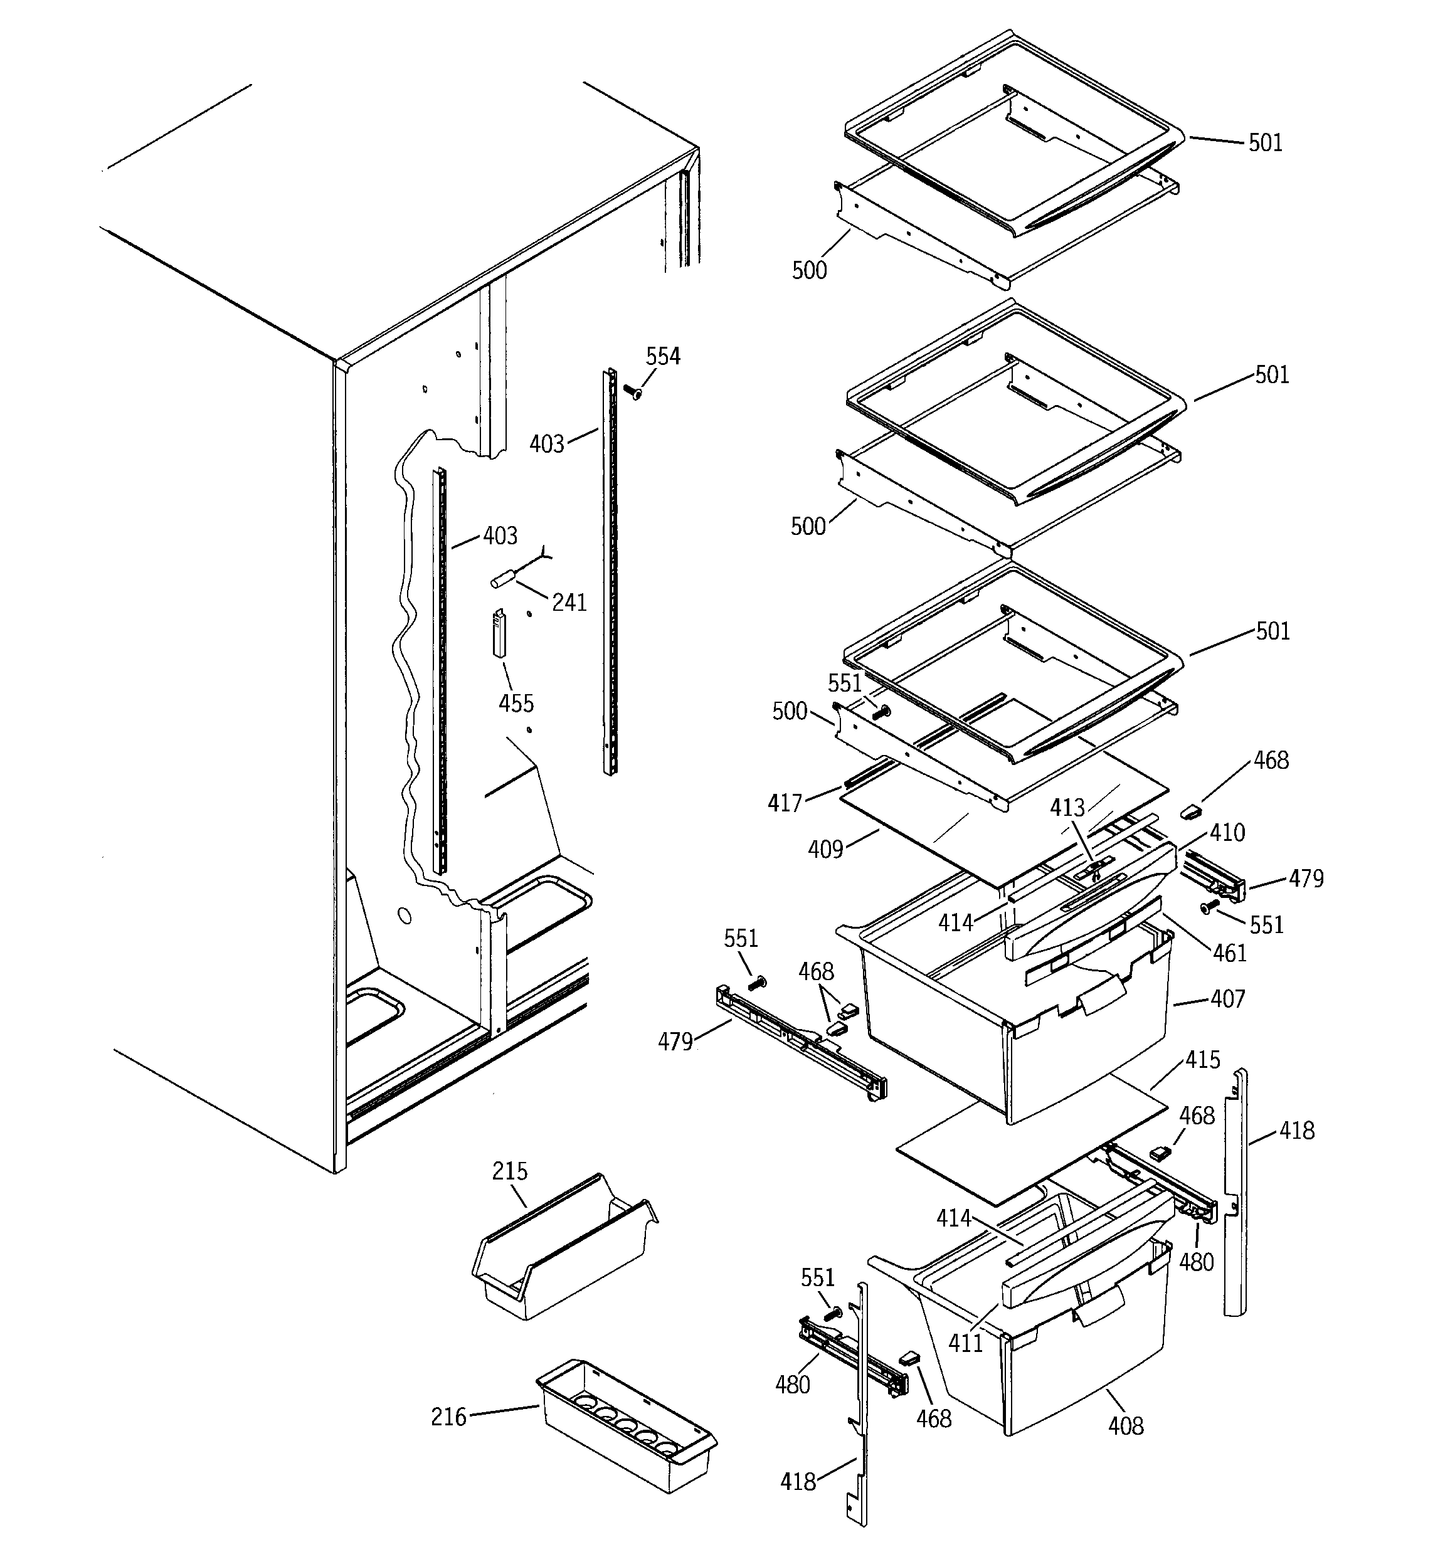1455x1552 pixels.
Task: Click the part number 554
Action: pos(662,357)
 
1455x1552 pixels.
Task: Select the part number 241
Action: pos(569,602)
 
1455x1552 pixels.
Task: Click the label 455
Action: pos(516,704)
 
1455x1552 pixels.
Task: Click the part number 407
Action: pos(1228,998)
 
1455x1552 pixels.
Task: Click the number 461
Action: pos(1229,953)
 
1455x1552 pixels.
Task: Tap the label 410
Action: pos(1227,833)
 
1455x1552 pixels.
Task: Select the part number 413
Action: pos(1067,807)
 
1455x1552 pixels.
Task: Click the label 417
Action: pos(785,803)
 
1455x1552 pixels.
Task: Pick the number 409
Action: pos(825,848)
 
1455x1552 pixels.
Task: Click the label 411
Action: pos(965,1343)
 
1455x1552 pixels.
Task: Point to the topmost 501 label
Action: pos(1265,143)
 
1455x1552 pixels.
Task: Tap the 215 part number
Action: pos(509,1171)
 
